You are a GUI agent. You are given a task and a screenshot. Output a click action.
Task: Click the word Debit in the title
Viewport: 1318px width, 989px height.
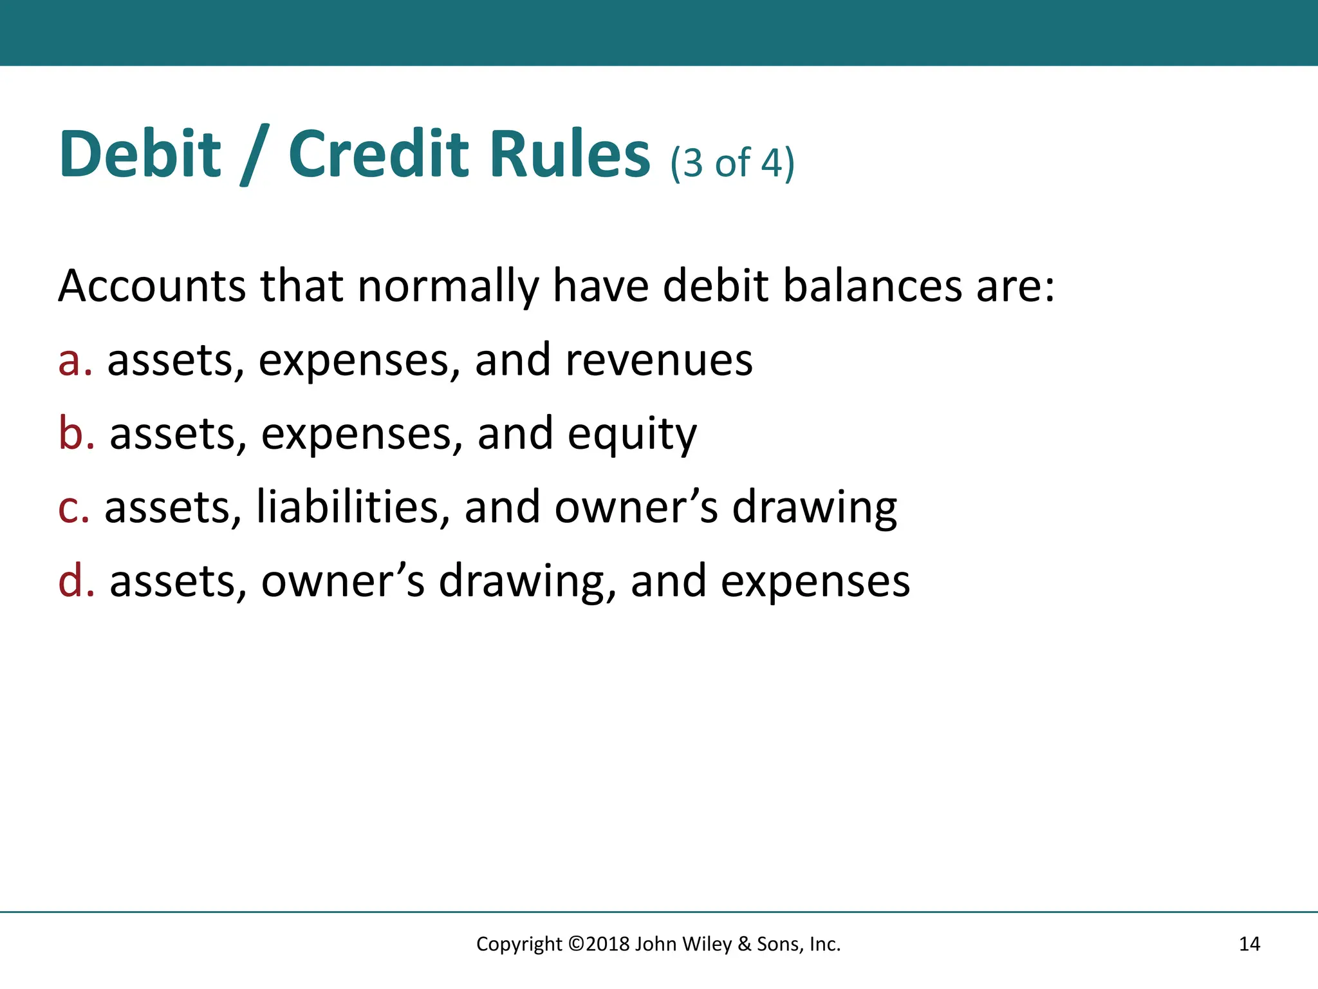pos(140,155)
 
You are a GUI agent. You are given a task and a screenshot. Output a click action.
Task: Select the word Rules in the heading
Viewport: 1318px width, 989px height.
pos(570,155)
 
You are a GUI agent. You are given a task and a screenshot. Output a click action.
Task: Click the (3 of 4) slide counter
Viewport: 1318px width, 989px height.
pos(732,163)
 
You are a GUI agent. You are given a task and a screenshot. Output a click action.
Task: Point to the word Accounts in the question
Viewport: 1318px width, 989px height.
pos(152,286)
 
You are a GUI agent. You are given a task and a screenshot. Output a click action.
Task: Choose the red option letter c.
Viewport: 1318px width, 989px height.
pos(72,508)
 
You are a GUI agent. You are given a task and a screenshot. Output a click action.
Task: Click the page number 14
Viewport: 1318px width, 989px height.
pos(1249,944)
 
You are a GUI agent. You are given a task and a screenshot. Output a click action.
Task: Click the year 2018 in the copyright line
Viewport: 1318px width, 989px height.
pos(608,944)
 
